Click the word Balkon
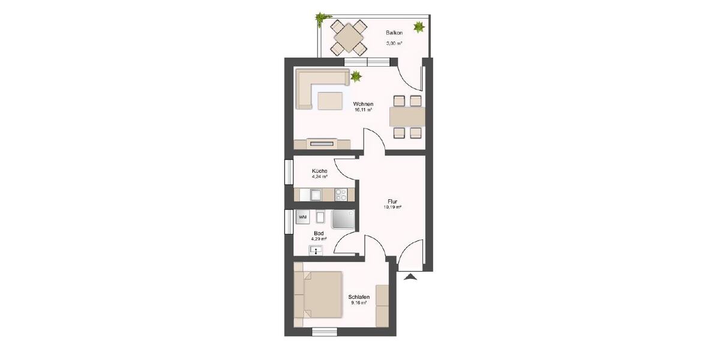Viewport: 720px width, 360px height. pyautogui.click(x=394, y=33)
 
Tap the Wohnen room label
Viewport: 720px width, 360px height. pyautogui.click(x=363, y=104)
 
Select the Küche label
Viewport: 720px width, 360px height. pyautogui.click(x=319, y=171)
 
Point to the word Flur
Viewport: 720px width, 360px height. pyautogui.click(x=392, y=202)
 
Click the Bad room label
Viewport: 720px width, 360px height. pyautogui.click(x=319, y=233)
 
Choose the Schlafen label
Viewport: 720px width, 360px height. pyautogui.click(x=359, y=297)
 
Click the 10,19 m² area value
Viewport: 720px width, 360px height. pyautogui.click(x=392, y=208)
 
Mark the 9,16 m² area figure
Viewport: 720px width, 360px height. pyautogui.click(x=359, y=303)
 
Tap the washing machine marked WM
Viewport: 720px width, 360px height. pyautogui.click(x=303, y=217)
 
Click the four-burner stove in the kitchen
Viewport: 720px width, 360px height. pyautogui.click(x=341, y=194)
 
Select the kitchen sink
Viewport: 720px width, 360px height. pyautogui.click(x=315, y=194)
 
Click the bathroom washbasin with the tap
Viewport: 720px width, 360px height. pyautogui.click(x=316, y=250)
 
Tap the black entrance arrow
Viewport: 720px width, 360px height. pyautogui.click(x=411, y=276)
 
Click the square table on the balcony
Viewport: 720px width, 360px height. pyautogui.click(x=349, y=38)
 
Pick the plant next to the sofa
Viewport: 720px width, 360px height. pyautogui.click(x=356, y=76)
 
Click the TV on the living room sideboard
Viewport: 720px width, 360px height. pyautogui.click(x=323, y=143)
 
